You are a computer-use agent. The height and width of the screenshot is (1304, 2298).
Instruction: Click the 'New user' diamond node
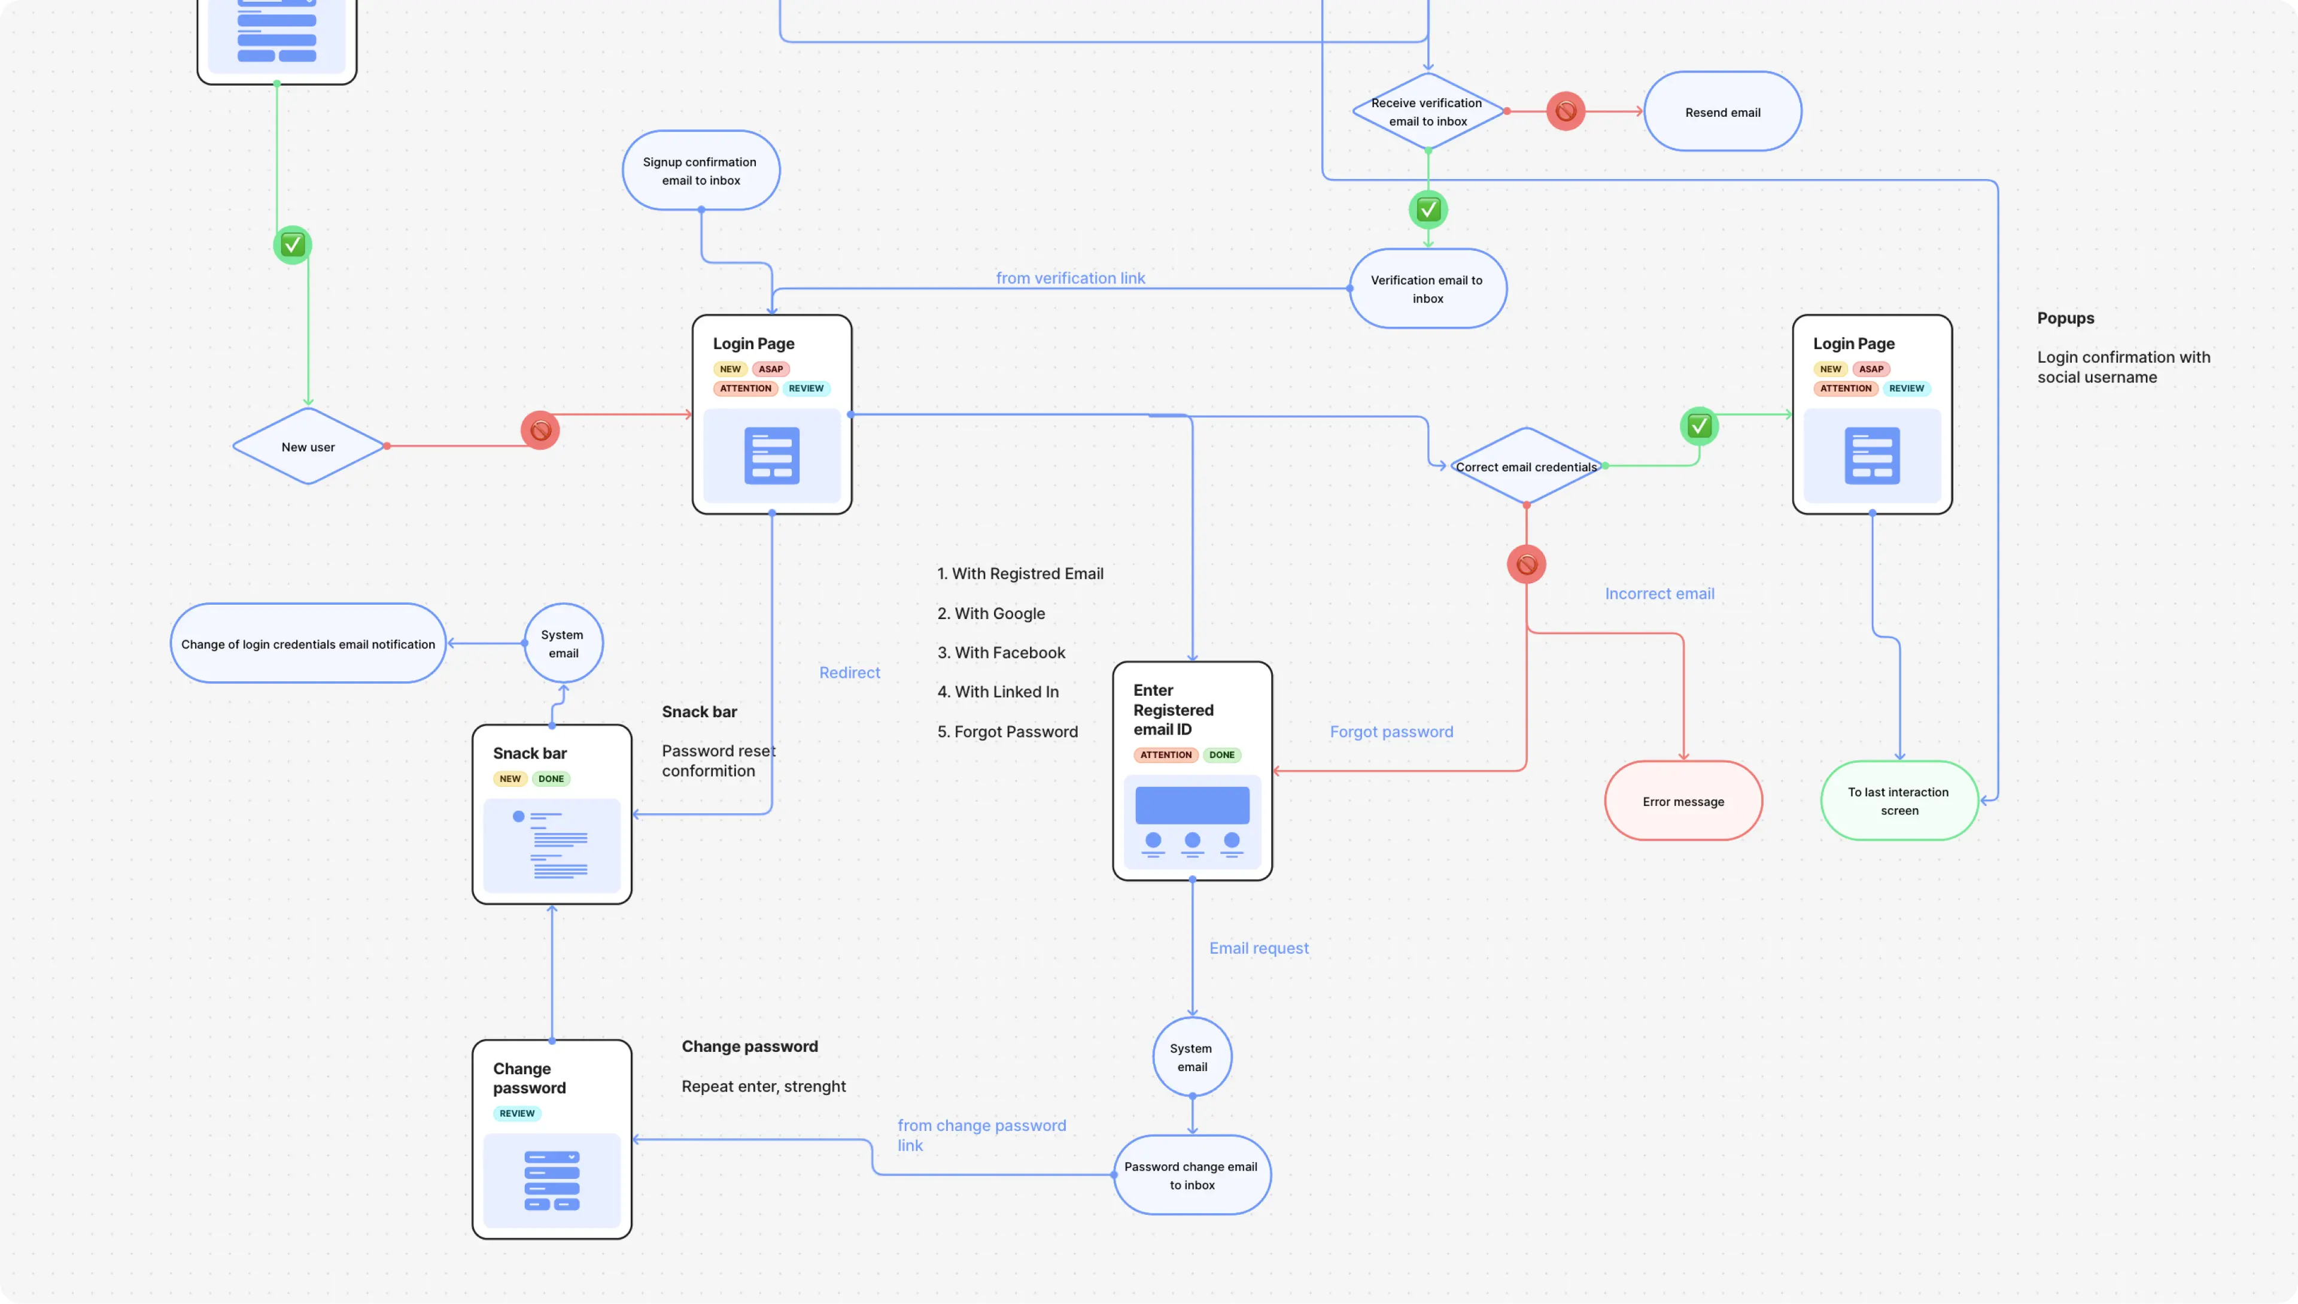pos(308,446)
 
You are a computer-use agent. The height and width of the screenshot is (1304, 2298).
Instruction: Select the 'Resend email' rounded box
pos(1722,112)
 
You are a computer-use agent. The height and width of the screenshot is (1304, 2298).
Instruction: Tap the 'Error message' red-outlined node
pos(1682,800)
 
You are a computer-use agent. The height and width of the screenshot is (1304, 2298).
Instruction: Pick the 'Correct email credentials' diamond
pos(1525,466)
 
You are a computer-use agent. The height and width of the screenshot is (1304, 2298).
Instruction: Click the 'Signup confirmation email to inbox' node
pos(700,170)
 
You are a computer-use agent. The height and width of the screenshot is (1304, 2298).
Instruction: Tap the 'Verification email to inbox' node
pos(1427,289)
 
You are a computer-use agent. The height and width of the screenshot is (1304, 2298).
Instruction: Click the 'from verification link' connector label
pos(1070,278)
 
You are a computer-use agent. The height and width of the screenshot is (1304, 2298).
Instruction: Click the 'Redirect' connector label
pos(849,672)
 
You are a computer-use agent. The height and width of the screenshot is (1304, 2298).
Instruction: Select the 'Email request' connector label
pos(1258,948)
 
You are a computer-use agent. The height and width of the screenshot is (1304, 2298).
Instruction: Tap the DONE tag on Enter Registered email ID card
pos(1221,755)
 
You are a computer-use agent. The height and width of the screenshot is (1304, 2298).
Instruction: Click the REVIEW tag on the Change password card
pos(516,1113)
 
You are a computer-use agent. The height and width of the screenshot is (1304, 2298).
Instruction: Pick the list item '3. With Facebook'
pos(1000,652)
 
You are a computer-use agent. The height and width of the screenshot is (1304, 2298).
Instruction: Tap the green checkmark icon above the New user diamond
pos(292,244)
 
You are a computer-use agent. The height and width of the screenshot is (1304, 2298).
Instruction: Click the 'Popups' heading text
pos(2065,318)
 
